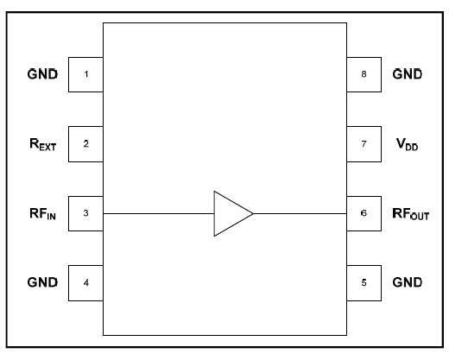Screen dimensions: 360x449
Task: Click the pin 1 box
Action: click(x=85, y=74)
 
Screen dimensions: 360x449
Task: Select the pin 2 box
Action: click(x=85, y=143)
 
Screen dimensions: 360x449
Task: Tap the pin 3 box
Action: click(x=85, y=212)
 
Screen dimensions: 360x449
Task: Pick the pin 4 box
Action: click(x=85, y=281)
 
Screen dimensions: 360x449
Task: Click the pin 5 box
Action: click(x=364, y=281)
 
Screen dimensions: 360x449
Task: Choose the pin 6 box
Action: click(x=364, y=212)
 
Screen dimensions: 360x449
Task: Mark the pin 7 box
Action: click(x=364, y=143)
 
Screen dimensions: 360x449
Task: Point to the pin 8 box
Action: click(x=364, y=74)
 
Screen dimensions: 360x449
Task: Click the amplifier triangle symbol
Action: click(x=231, y=212)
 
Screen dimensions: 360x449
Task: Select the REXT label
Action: click(x=41, y=144)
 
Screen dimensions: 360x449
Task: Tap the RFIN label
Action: click(x=41, y=213)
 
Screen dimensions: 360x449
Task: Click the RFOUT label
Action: click(x=410, y=213)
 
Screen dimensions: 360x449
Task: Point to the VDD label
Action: click(x=406, y=144)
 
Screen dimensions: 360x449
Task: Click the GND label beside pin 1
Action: click(x=42, y=74)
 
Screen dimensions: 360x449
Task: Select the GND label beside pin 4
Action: click(x=42, y=281)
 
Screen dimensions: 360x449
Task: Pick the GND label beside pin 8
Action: click(x=407, y=74)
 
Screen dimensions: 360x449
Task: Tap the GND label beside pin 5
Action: click(x=407, y=281)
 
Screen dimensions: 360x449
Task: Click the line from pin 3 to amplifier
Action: click(x=160, y=212)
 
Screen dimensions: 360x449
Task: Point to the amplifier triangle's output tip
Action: click(x=252, y=212)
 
